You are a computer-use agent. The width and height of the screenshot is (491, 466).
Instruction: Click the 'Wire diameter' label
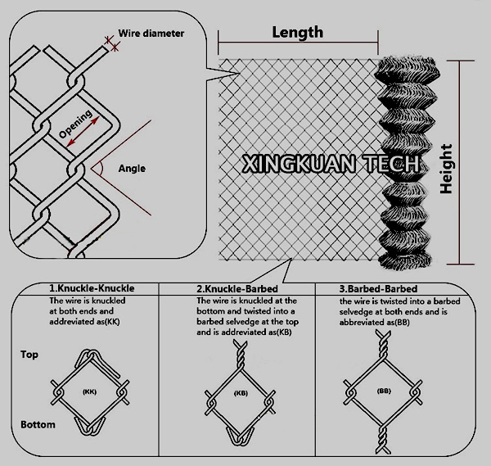click(151, 34)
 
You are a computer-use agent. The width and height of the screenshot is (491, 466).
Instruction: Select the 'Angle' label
click(132, 169)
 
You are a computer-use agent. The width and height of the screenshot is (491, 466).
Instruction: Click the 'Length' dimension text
click(296, 32)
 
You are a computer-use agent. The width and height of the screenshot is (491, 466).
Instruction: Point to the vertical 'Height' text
click(446, 168)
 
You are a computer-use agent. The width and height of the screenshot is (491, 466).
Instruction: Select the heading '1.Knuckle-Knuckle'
click(91, 289)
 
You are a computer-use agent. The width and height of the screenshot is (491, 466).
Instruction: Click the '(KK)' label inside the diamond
click(90, 392)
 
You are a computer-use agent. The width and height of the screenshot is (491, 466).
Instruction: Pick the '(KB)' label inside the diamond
click(241, 393)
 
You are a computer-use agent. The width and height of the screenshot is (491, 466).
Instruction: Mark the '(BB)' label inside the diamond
click(384, 391)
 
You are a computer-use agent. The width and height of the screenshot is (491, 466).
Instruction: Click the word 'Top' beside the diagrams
click(29, 355)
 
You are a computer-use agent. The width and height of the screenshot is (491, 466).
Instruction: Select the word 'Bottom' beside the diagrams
click(38, 424)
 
